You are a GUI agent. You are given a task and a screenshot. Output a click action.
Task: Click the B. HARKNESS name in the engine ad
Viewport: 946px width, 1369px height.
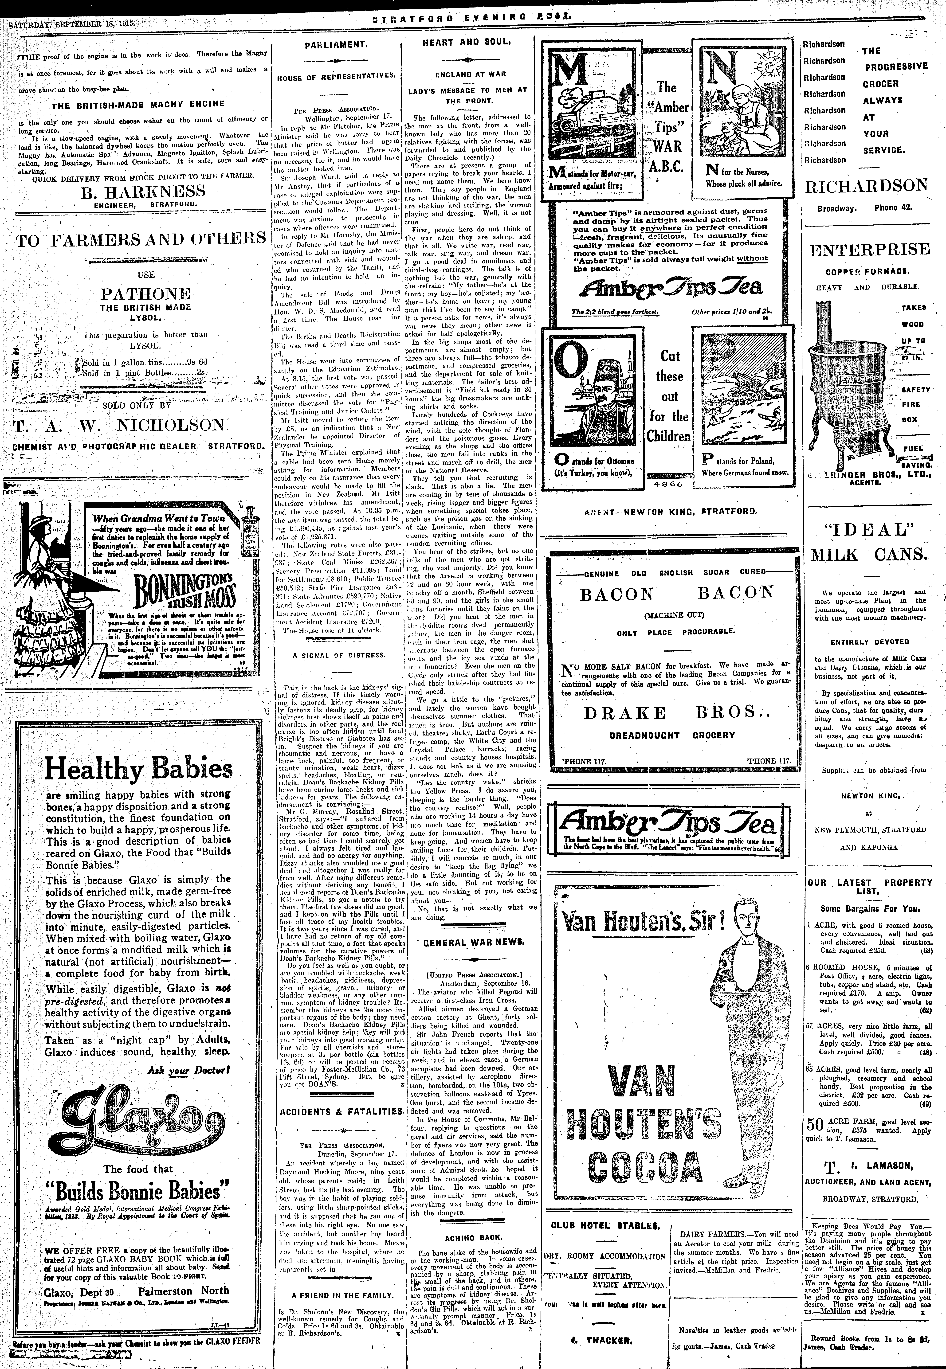(142, 191)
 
